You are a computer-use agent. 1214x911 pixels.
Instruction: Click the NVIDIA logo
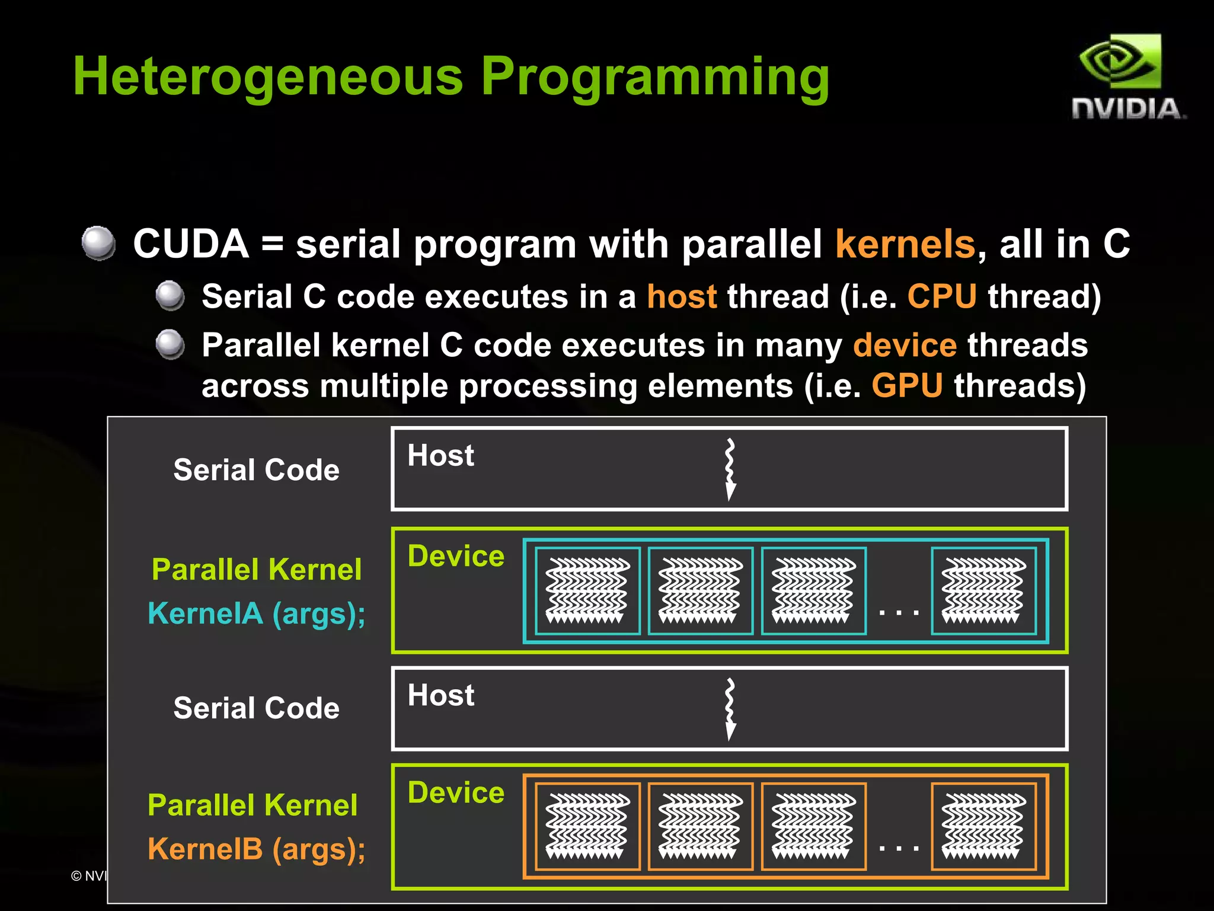[1126, 77]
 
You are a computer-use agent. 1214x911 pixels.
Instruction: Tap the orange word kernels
[905, 244]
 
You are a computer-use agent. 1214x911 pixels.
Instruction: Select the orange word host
[682, 296]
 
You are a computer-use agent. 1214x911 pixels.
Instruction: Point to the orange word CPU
[942, 296]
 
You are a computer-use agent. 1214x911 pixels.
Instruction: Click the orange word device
[905, 345]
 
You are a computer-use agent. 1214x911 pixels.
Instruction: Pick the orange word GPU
[907, 386]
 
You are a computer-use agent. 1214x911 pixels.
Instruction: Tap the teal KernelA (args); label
[256, 613]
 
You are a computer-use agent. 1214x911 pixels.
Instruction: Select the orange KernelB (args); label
[256, 849]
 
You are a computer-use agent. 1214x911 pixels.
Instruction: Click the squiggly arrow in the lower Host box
[730, 709]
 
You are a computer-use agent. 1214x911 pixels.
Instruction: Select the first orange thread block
[587, 826]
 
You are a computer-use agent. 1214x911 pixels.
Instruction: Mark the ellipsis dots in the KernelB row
[899, 848]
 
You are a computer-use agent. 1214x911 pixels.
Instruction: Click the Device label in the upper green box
[456, 557]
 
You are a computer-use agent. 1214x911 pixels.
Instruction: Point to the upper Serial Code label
[256, 470]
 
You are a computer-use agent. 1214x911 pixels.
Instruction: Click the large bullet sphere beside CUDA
[98, 243]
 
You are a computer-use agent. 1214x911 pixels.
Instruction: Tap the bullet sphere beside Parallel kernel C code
[170, 344]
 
